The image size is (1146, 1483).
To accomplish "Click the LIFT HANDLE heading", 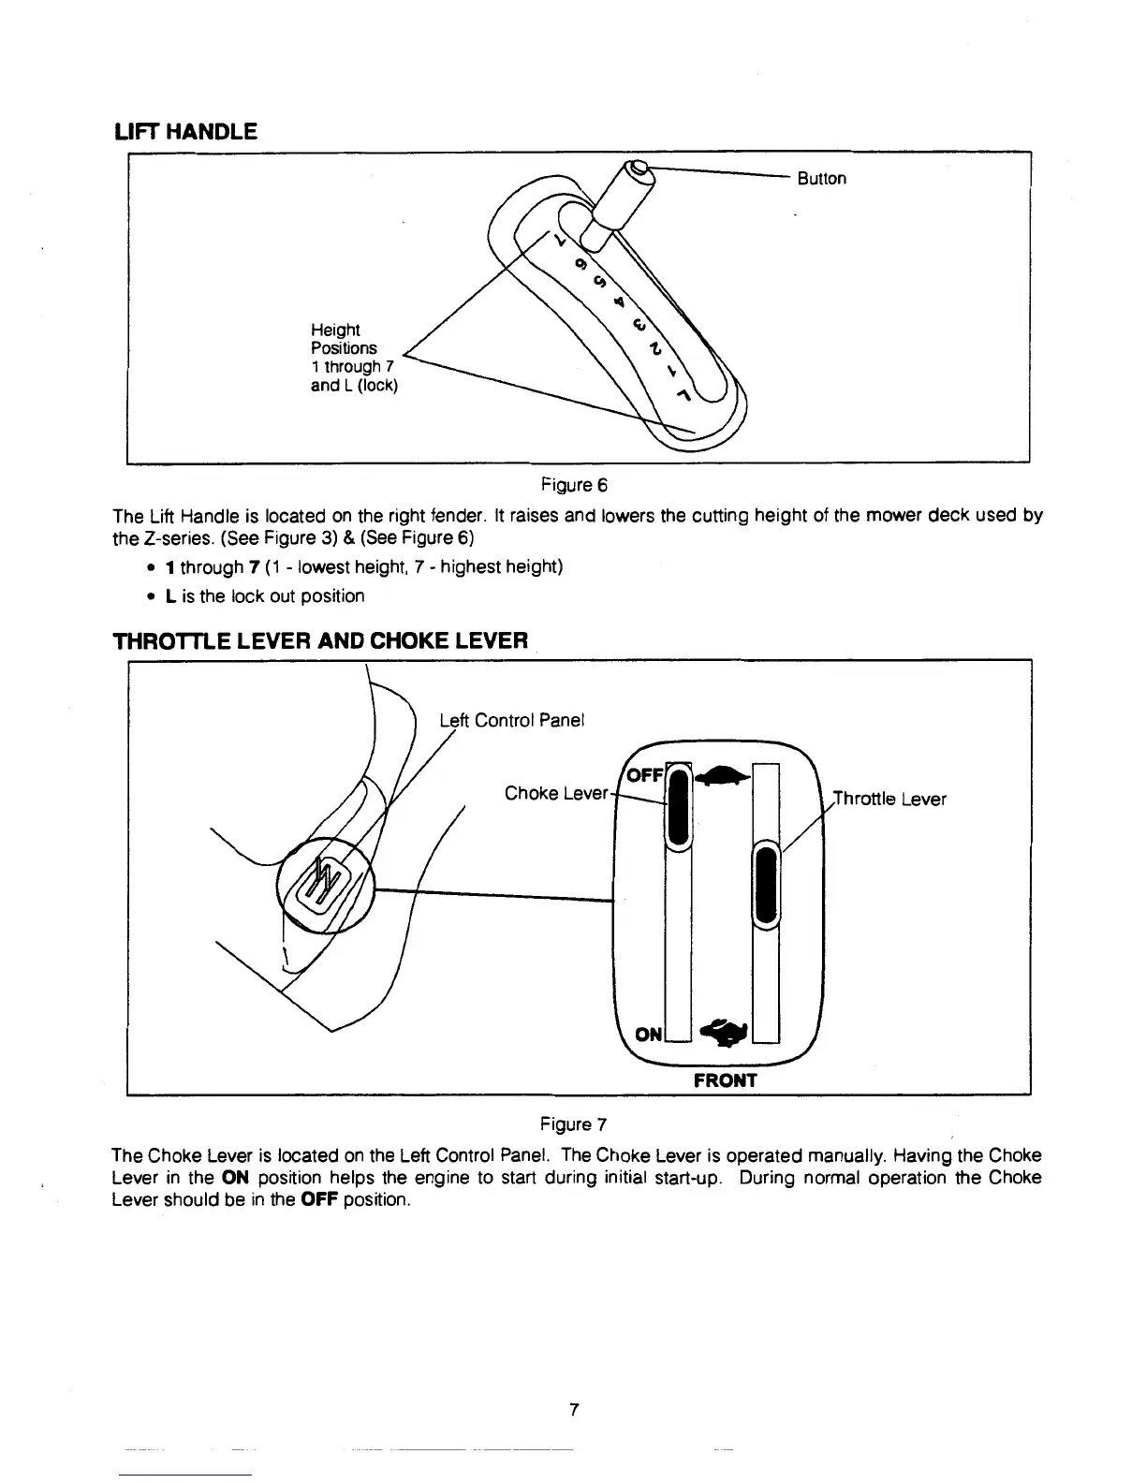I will (184, 132).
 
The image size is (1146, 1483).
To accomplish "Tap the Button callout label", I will (821, 179).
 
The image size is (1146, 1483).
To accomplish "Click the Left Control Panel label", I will (511, 720).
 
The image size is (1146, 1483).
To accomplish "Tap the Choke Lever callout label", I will (556, 794).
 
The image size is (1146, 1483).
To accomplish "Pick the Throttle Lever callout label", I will (889, 799).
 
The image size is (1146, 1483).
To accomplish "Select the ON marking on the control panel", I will (648, 1034).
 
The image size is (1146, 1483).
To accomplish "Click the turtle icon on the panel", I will (722, 774).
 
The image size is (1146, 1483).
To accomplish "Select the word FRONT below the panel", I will (725, 1080).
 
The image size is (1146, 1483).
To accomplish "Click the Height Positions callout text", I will (354, 357).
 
